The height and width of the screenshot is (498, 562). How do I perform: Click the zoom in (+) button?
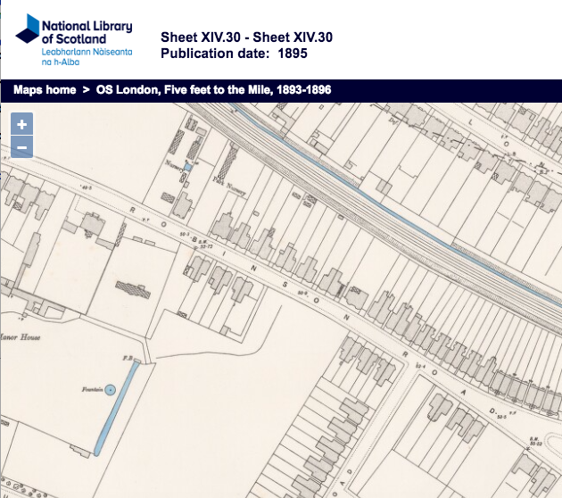pyautogui.click(x=21, y=125)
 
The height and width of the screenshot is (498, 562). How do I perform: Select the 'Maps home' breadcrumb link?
pyautogui.click(x=45, y=91)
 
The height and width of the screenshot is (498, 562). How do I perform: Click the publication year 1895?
pyautogui.click(x=294, y=53)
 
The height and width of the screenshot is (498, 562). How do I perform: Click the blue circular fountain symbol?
pyautogui.click(x=110, y=389)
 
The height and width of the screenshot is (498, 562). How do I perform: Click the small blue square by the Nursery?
pyautogui.click(x=187, y=167)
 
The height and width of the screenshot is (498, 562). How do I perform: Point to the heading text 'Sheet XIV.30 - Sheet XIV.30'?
pyautogui.click(x=246, y=37)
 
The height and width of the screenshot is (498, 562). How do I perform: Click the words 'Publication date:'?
pyautogui.click(x=214, y=53)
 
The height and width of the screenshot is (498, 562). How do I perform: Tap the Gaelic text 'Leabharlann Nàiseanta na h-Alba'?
pyautogui.click(x=86, y=55)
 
